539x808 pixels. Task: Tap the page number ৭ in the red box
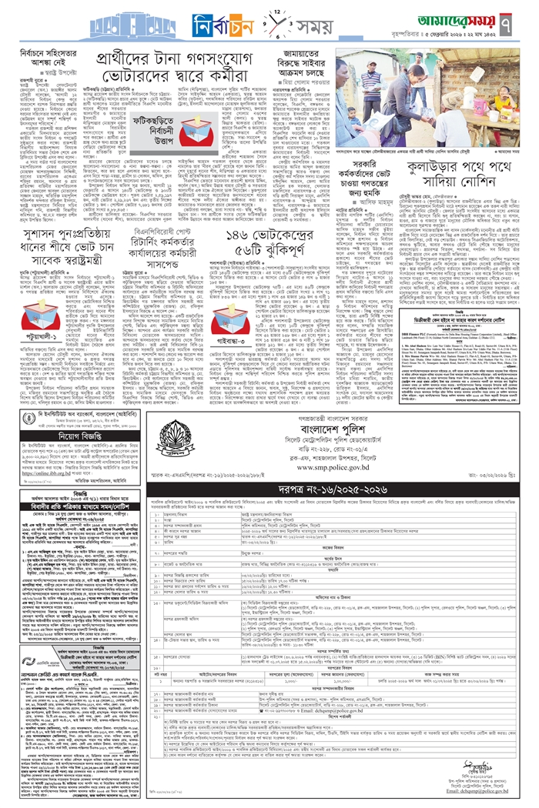518,20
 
